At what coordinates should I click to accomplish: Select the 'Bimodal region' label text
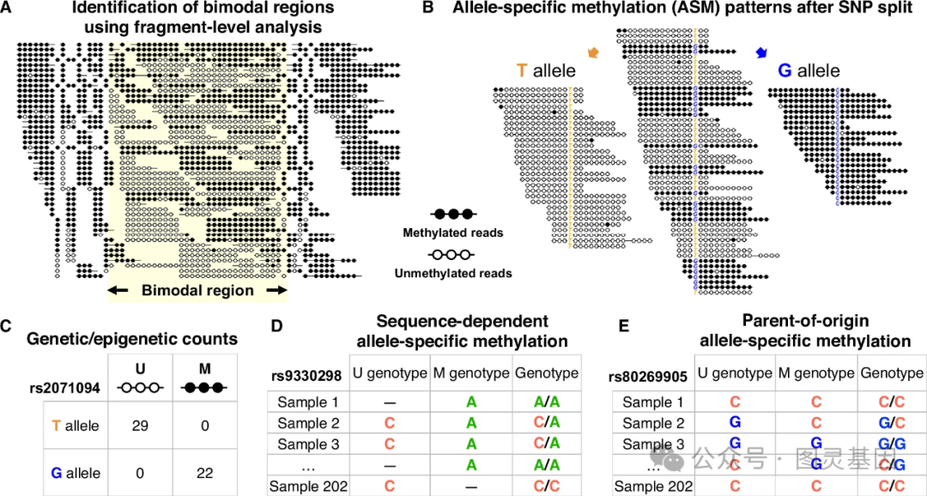tap(197, 290)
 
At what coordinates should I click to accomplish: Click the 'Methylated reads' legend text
tap(453, 233)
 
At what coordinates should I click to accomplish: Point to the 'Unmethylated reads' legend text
tap(453, 273)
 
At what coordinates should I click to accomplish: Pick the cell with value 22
tap(203, 473)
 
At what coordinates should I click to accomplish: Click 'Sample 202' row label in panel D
tap(309, 487)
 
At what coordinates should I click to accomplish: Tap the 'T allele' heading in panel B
tap(546, 72)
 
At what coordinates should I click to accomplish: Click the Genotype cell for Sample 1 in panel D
tap(546, 402)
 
